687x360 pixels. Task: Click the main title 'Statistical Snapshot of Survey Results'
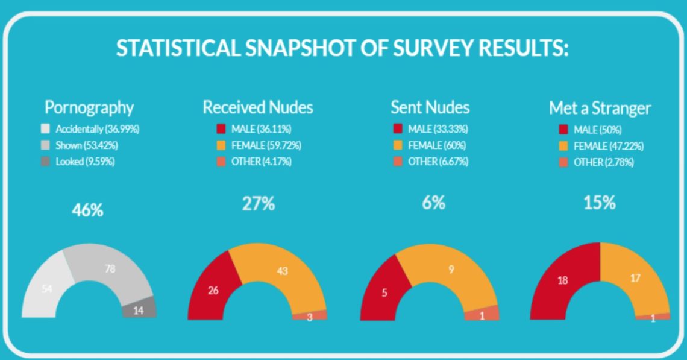(x=342, y=48)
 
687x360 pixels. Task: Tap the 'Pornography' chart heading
(x=89, y=108)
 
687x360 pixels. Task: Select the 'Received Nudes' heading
(x=258, y=108)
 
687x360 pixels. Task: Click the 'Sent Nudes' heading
(x=430, y=108)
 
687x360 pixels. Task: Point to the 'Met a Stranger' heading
(x=600, y=109)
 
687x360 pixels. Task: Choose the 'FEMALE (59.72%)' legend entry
(x=265, y=145)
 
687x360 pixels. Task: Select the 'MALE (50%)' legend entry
(x=589, y=130)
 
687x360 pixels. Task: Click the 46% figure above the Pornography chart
(x=88, y=210)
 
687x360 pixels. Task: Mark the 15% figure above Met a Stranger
(x=600, y=204)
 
